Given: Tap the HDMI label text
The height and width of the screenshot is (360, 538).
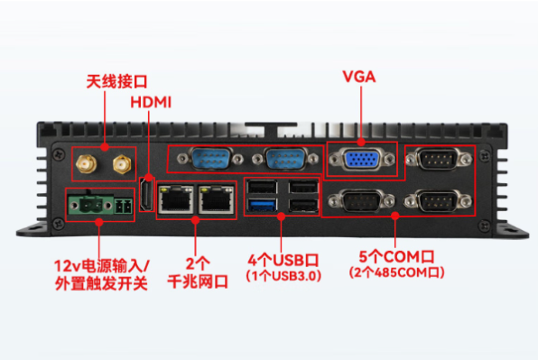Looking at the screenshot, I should tap(151, 101).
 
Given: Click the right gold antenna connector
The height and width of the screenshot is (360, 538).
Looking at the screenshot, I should tap(120, 164).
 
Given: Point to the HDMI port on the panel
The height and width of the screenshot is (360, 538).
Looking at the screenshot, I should tap(144, 198).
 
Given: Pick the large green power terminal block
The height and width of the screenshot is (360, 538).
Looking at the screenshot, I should tap(87, 204).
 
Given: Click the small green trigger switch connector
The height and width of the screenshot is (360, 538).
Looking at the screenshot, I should tap(124, 207).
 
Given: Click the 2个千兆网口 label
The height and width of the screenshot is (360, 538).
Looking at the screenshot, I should tap(196, 272).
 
